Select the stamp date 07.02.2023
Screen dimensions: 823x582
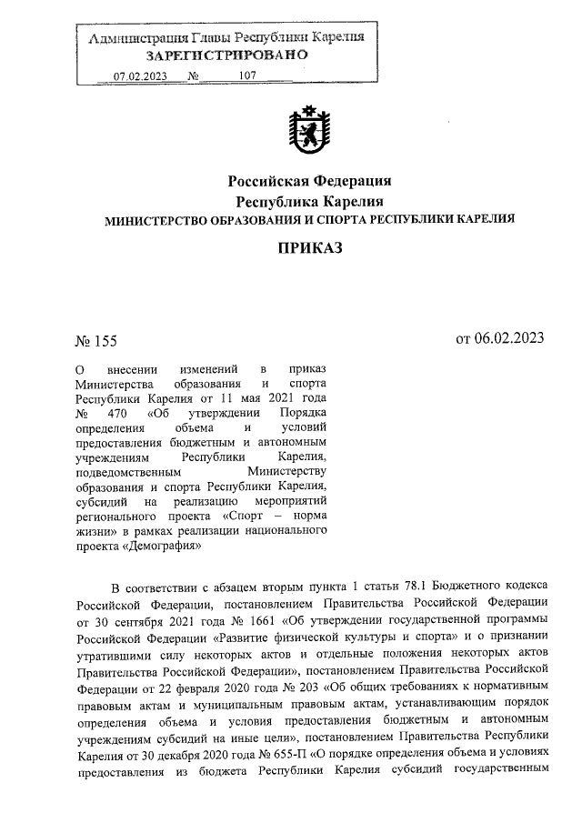tap(139, 76)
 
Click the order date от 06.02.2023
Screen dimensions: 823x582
tap(499, 339)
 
